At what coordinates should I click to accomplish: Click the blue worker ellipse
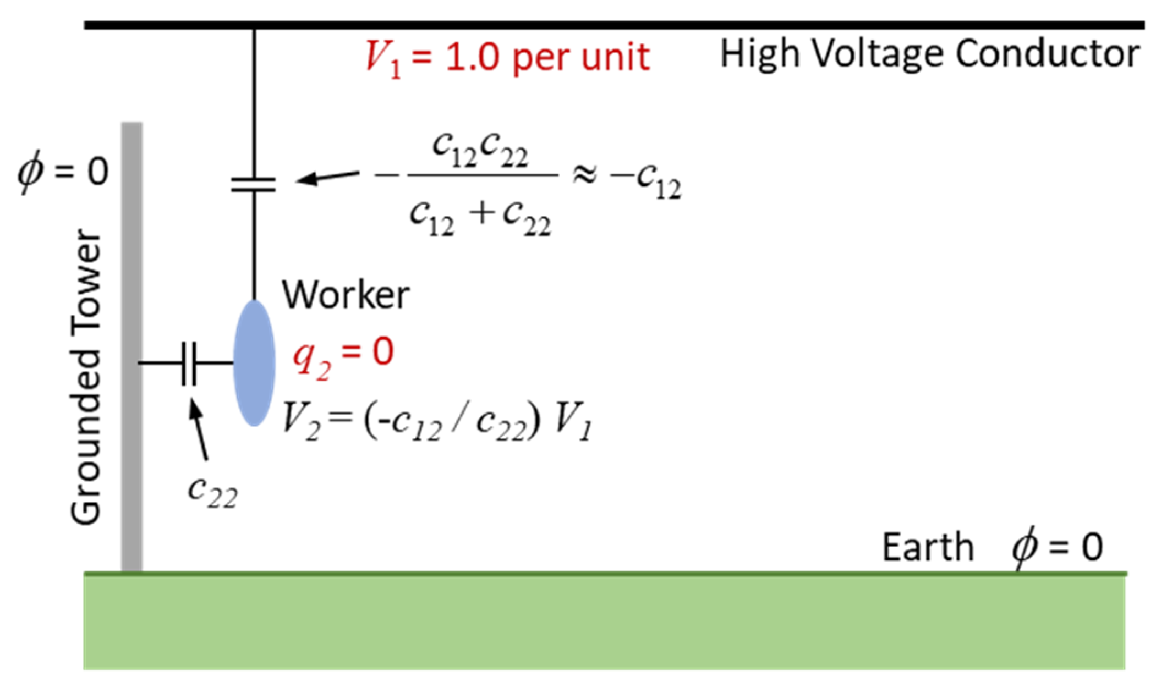point(254,363)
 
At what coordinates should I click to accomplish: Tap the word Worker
point(346,295)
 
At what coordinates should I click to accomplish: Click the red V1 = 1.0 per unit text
point(507,57)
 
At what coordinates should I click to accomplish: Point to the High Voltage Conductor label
point(929,54)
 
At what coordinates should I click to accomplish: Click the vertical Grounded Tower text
point(86,377)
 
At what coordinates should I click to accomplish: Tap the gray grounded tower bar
point(132,346)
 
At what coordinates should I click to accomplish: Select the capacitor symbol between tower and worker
point(189,363)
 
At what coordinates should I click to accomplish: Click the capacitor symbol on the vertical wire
point(254,184)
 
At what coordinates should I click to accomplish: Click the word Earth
point(928,548)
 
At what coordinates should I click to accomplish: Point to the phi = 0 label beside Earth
point(1057,548)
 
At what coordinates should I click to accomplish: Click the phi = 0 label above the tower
point(63,172)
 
